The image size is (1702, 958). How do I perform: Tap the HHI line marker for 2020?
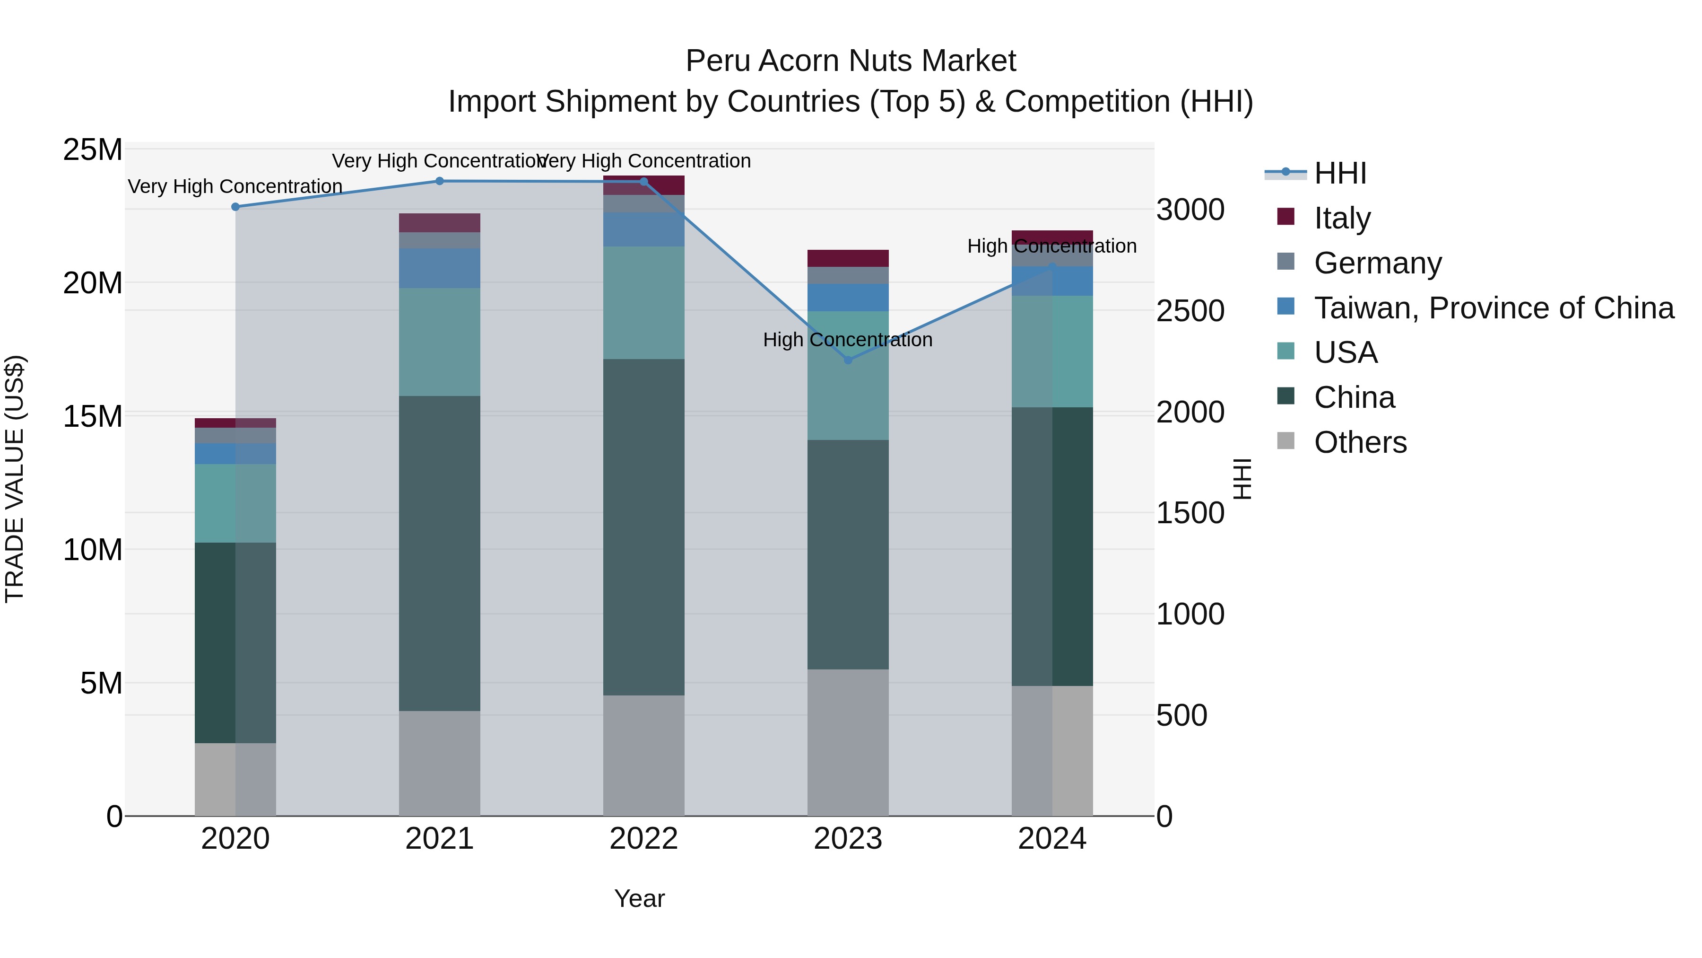[x=235, y=207]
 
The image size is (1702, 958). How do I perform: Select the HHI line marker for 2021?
[x=439, y=181]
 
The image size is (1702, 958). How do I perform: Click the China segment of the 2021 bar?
[x=439, y=554]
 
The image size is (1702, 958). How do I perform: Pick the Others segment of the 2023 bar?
[x=848, y=742]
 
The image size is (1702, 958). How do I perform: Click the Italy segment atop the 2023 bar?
[x=848, y=258]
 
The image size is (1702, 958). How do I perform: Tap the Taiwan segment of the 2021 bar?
[x=439, y=268]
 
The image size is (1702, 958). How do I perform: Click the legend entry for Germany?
[x=1378, y=263]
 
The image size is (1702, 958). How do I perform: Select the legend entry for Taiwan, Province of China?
[x=1493, y=308]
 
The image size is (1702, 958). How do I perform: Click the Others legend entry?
[x=1360, y=442]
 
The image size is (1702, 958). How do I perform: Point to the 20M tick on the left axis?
[x=93, y=283]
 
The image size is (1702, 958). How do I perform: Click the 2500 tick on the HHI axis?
[x=1190, y=311]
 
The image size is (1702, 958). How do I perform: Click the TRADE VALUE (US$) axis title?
[x=15, y=479]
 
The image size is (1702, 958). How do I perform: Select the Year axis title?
[x=639, y=898]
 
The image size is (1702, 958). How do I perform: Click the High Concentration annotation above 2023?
[x=848, y=340]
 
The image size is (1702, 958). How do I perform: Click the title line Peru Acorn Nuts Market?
[x=851, y=61]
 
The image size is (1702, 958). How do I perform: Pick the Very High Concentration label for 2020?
[x=235, y=186]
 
